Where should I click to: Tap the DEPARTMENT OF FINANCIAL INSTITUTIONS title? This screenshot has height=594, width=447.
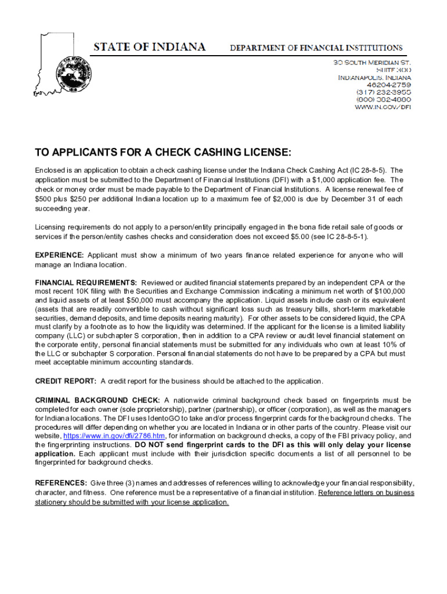click(316, 48)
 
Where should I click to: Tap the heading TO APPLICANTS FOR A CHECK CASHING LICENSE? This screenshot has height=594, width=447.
click(163, 153)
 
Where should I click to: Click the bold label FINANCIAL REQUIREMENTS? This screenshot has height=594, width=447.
click(86, 282)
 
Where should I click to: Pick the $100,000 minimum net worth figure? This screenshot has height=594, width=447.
click(388, 291)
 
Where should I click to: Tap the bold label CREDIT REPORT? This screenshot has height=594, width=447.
click(66, 381)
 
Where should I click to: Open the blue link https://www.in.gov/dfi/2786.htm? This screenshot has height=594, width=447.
click(114, 436)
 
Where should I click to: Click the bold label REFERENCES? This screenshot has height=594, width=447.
click(62, 483)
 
